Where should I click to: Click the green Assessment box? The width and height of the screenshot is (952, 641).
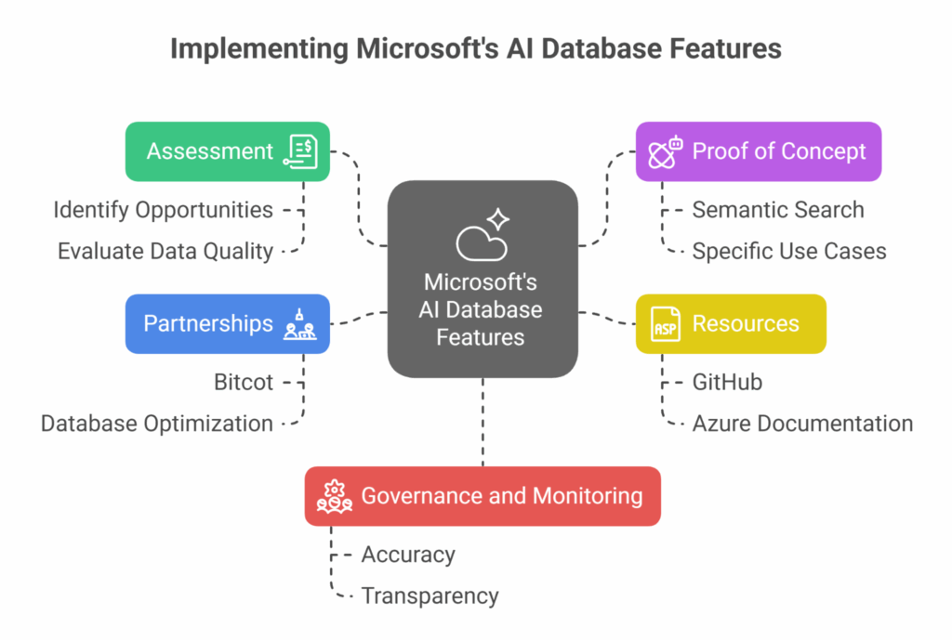pos(227,151)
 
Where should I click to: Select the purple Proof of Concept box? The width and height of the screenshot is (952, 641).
pos(758,151)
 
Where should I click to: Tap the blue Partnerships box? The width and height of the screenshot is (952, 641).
pos(227,323)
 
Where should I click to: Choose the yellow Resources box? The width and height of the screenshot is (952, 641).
pos(731,323)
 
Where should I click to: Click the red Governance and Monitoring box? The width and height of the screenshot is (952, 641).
pos(483,496)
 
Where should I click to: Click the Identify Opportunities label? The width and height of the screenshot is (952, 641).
pos(163,210)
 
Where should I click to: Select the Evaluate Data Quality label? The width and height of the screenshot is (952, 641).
pos(165,251)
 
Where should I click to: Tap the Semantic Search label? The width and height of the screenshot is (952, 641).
pos(777,210)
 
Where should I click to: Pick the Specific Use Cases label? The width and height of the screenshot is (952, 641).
pos(788,251)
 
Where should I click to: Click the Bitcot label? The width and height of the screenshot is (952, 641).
pos(243,382)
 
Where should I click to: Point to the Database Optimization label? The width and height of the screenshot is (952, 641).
pos(156,424)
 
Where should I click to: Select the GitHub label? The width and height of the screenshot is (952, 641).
pos(727,382)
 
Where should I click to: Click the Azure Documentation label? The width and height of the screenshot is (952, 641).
pos(802,424)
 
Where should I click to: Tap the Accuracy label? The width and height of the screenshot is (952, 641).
pos(407,555)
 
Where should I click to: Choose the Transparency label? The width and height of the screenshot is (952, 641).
pos(430,595)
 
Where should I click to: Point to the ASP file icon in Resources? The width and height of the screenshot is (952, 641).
pos(665,324)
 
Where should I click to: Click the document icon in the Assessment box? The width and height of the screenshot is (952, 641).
pos(302,151)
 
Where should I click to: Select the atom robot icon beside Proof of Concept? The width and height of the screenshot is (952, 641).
pos(665,151)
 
